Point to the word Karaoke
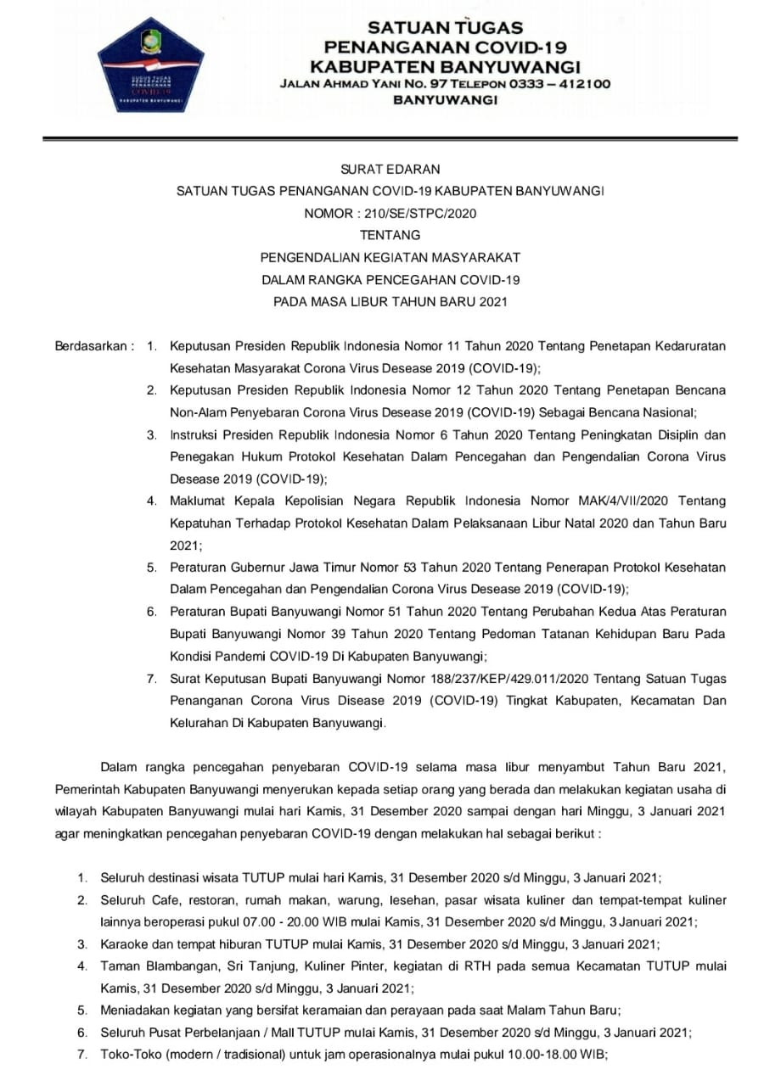[x=124, y=943]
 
